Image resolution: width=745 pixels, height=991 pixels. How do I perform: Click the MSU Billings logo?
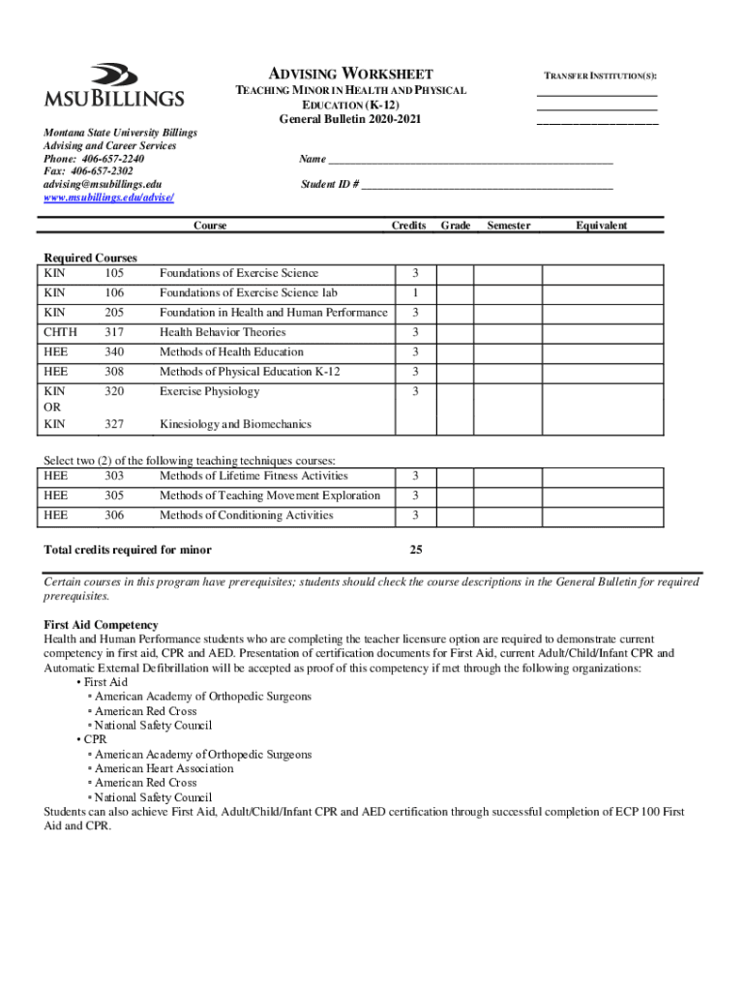tap(113, 85)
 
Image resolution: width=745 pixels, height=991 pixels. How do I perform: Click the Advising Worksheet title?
tap(350, 74)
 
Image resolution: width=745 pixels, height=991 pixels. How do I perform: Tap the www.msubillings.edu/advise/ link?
tap(108, 197)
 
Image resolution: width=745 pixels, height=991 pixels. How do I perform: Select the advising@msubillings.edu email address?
tap(103, 184)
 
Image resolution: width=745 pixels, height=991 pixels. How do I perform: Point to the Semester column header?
tap(508, 225)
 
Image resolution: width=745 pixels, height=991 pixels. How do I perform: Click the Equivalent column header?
tap(601, 225)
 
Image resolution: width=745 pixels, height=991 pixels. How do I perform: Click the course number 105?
tap(114, 273)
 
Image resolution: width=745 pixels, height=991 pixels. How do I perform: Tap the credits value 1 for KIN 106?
tap(415, 292)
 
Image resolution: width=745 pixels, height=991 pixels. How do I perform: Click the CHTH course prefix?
tap(60, 332)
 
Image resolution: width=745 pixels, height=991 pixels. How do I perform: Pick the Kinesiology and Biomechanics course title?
tap(235, 425)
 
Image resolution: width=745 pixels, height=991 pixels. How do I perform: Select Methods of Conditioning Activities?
tap(246, 515)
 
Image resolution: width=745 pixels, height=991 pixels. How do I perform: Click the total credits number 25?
tap(415, 550)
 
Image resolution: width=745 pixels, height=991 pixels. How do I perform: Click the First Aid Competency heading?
tap(102, 625)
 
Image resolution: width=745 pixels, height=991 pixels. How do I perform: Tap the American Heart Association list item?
tap(164, 768)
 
